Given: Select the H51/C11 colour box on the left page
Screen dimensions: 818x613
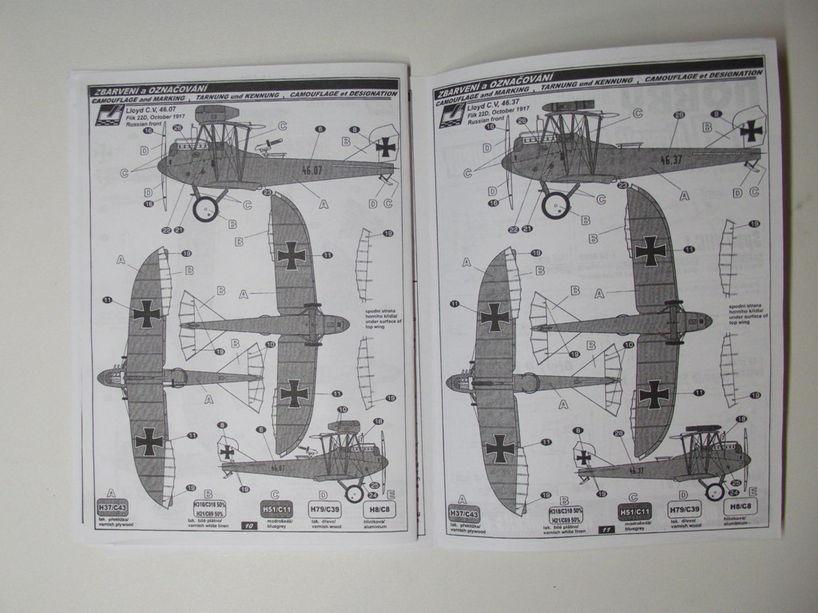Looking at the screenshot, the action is point(275,508).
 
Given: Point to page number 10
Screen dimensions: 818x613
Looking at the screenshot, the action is point(248,526).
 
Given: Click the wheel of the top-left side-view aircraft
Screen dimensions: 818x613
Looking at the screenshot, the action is point(205,208).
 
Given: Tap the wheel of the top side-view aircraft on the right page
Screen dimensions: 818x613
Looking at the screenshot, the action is point(554,204).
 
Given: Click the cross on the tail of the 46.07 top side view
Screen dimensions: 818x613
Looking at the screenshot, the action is point(386,146).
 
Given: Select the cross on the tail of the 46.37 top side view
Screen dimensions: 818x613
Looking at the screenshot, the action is point(750,130).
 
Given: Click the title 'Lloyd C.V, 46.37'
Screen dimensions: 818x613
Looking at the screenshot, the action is point(494,107).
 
